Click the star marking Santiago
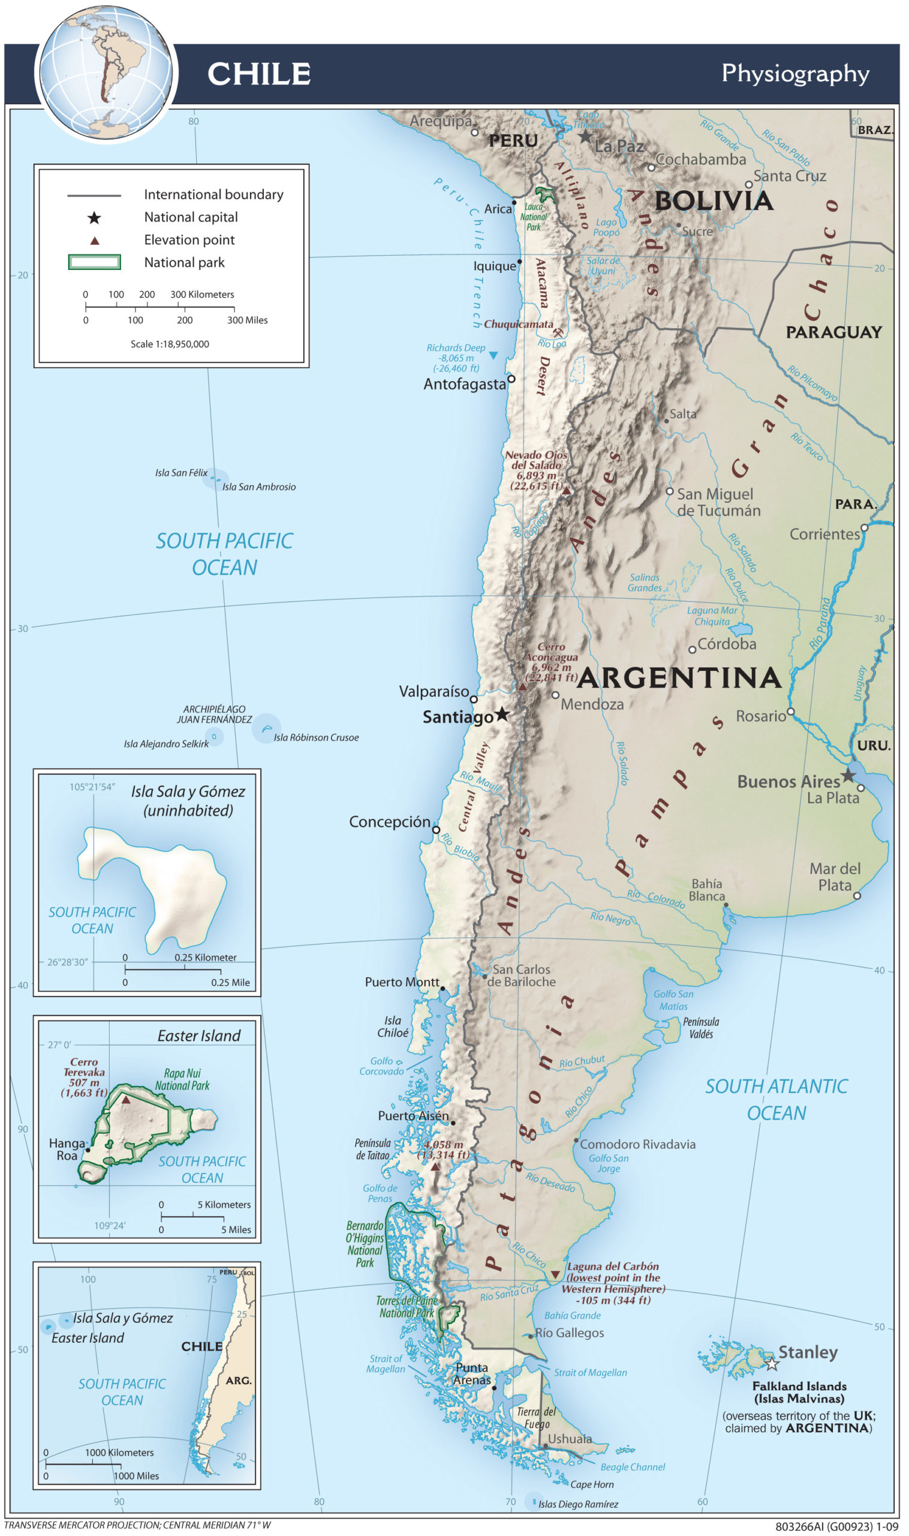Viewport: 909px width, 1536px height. click(502, 713)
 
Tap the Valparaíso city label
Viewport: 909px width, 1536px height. click(434, 691)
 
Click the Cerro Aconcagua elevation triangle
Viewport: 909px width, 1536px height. click(522, 687)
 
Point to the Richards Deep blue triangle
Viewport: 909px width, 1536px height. click(493, 355)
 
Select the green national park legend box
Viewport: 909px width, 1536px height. click(94, 262)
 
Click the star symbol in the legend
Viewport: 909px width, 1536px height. click(94, 218)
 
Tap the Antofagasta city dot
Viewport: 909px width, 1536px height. click(511, 379)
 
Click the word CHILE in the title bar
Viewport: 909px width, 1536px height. click(259, 74)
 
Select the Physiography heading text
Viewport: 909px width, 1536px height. click(795, 74)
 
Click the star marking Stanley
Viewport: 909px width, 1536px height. click(772, 1364)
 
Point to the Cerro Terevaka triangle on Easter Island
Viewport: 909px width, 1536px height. click(125, 1100)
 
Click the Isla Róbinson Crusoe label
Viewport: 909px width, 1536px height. click(316, 737)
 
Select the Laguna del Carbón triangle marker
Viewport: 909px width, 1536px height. click(555, 1274)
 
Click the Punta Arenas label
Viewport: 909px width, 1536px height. click(472, 1373)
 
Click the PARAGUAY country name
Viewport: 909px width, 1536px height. click(833, 332)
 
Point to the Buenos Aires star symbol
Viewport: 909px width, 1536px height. click(848, 775)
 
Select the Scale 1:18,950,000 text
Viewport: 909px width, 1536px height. click(170, 344)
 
